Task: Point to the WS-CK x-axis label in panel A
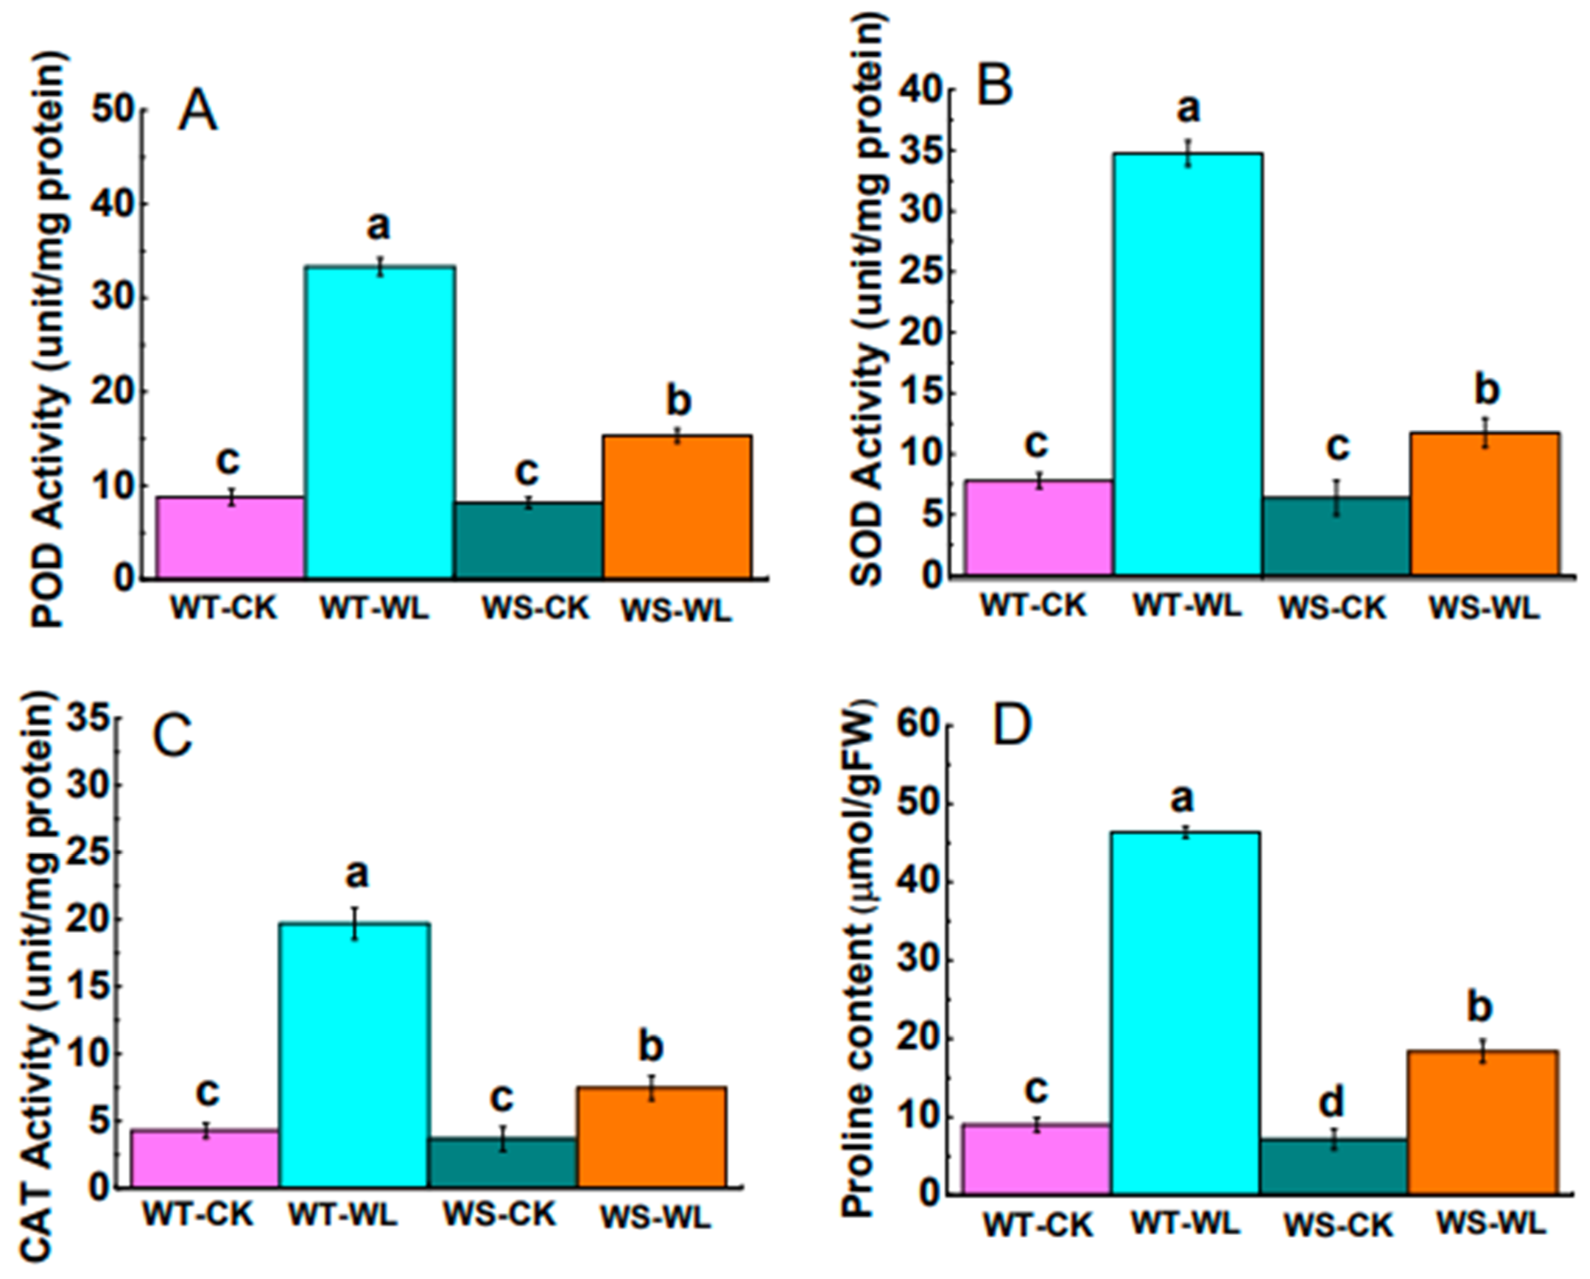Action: [x=536, y=609]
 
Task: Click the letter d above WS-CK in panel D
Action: [x=1331, y=1103]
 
